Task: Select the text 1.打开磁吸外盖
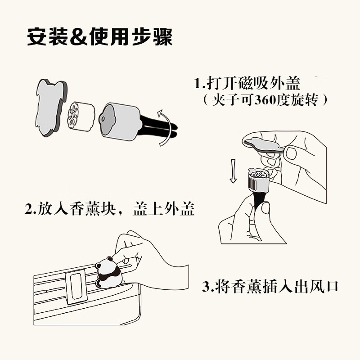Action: click(x=247, y=84)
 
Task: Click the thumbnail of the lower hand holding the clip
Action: click(x=265, y=208)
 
